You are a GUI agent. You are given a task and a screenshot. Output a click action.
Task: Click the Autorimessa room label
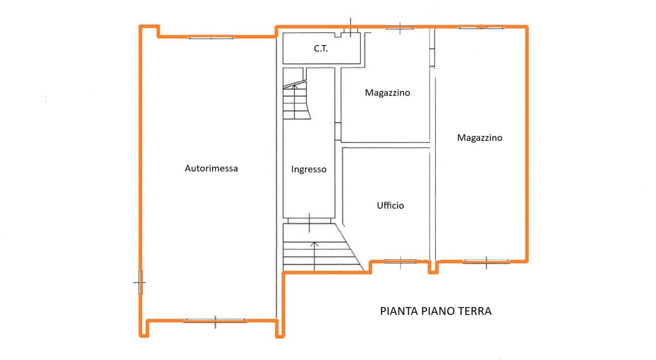(x=211, y=168)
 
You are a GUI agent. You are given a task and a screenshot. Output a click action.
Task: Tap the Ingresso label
(x=309, y=170)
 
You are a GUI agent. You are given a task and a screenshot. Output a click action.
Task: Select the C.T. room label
(x=321, y=48)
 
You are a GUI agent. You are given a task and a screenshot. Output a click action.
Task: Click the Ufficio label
(x=390, y=206)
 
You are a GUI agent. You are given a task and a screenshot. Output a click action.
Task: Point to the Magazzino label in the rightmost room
(x=480, y=138)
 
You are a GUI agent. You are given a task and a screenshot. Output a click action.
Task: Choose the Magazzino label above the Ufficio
(x=387, y=93)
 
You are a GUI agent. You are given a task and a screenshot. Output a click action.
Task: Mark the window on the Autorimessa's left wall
(x=140, y=283)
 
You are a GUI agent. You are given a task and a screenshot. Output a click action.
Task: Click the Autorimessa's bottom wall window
(x=215, y=321)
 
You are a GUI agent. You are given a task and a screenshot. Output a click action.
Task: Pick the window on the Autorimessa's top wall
(x=211, y=37)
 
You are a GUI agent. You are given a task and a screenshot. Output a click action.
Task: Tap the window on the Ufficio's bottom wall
(x=400, y=261)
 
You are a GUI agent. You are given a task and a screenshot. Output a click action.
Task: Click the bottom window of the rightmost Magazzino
(x=486, y=262)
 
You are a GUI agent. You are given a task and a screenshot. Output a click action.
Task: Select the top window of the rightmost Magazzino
(x=481, y=27)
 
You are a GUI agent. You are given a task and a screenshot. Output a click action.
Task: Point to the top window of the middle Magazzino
(x=400, y=28)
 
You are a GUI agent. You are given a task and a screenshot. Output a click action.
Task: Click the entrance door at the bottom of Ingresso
(x=309, y=221)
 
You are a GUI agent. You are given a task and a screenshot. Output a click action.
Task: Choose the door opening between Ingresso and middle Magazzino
(x=338, y=132)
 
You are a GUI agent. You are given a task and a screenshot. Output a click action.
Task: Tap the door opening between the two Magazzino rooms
(x=432, y=57)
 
